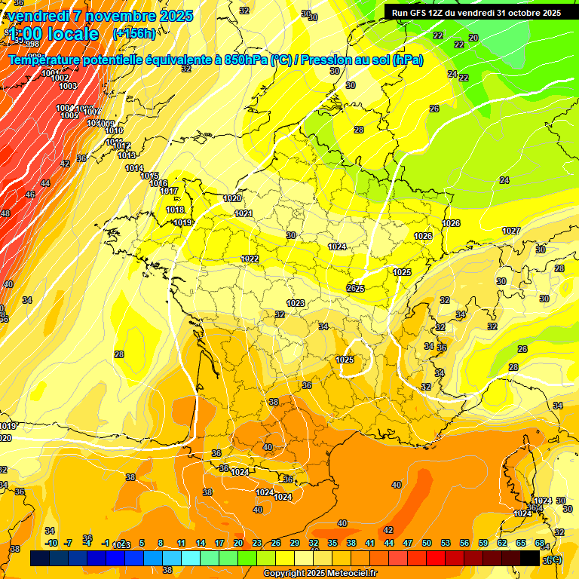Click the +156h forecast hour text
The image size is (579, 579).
(x=134, y=33)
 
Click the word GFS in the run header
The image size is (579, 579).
(x=419, y=13)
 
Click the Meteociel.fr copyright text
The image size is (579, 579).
(x=320, y=574)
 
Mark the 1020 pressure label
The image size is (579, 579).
(x=232, y=198)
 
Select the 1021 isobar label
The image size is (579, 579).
(x=244, y=213)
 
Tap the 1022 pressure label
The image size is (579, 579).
(x=250, y=259)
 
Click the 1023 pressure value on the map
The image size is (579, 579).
(x=296, y=303)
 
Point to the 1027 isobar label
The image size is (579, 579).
(x=511, y=231)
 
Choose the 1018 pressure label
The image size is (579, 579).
(x=175, y=210)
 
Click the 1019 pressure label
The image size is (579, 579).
(x=182, y=222)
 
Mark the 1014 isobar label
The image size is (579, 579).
(x=134, y=168)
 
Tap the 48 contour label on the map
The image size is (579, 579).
(x=5, y=213)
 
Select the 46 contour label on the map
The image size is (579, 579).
(x=30, y=195)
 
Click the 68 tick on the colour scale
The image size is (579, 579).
(x=540, y=543)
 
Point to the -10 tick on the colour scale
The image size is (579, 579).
(x=51, y=543)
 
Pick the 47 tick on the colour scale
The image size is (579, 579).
(x=408, y=543)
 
